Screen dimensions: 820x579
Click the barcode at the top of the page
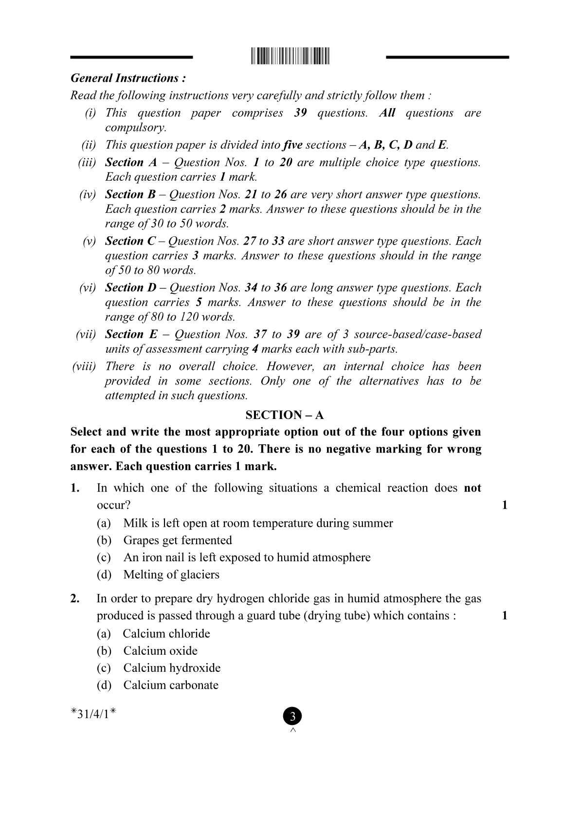click(290, 56)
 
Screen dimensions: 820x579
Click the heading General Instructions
click(128, 78)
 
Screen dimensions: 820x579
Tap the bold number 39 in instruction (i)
click(300, 113)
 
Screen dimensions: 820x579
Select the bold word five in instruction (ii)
click(293, 145)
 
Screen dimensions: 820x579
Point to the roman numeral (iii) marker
click(87, 163)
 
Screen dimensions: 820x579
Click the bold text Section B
click(130, 194)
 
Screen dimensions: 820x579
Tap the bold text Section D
click(131, 288)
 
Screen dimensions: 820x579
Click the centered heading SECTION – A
click(285, 415)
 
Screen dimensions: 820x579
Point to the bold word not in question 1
click(472, 488)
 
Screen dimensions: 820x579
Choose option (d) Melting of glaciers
click(171, 575)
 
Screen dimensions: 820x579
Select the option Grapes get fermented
click(177, 540)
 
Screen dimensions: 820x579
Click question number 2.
click(75, 599)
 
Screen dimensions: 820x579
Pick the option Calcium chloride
click(166, 634)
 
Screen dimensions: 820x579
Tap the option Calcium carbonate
click(170, 685)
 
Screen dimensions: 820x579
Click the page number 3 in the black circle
click(292, 717)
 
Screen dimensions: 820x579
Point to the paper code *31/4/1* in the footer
click(93, 714)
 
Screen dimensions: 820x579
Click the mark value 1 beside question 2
click(505, 616)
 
